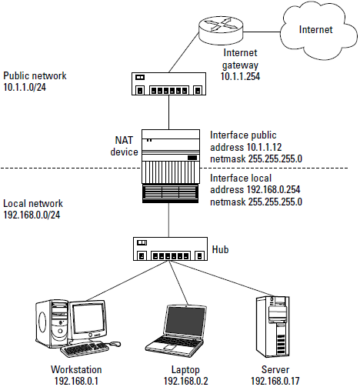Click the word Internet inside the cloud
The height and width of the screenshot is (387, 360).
[x=315, y=30]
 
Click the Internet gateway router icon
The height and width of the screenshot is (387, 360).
[x=221, y=29]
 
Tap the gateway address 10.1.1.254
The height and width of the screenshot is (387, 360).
[x=240, y=76]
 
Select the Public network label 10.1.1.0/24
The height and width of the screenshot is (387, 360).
[x=25, y=87]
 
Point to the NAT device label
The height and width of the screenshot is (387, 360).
[x=124, y=146]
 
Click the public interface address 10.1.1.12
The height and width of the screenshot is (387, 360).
[x=264, y=147]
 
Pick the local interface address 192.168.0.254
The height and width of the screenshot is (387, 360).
[x=273, y=190]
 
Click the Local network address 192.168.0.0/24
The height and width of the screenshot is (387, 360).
[x=32, y=215]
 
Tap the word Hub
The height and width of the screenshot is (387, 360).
[x=220, y=249]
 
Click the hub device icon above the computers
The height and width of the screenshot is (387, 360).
[x=170, y=249]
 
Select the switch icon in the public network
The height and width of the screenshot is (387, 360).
[x=168, y=84]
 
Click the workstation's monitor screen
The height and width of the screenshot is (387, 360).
[x=88, y=319]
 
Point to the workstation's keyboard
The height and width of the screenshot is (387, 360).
[x=85, y=349]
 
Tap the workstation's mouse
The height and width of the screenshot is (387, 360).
[x=115, y=344]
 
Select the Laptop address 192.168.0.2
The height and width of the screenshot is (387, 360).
[x=186, y=381]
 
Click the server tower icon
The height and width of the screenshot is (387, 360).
[x=272, y=326]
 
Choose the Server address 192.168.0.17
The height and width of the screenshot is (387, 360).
[x=275, y=381]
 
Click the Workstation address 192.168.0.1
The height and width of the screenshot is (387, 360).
[x=76, y=381]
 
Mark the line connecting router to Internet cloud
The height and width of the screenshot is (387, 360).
[x=262, y=32]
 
